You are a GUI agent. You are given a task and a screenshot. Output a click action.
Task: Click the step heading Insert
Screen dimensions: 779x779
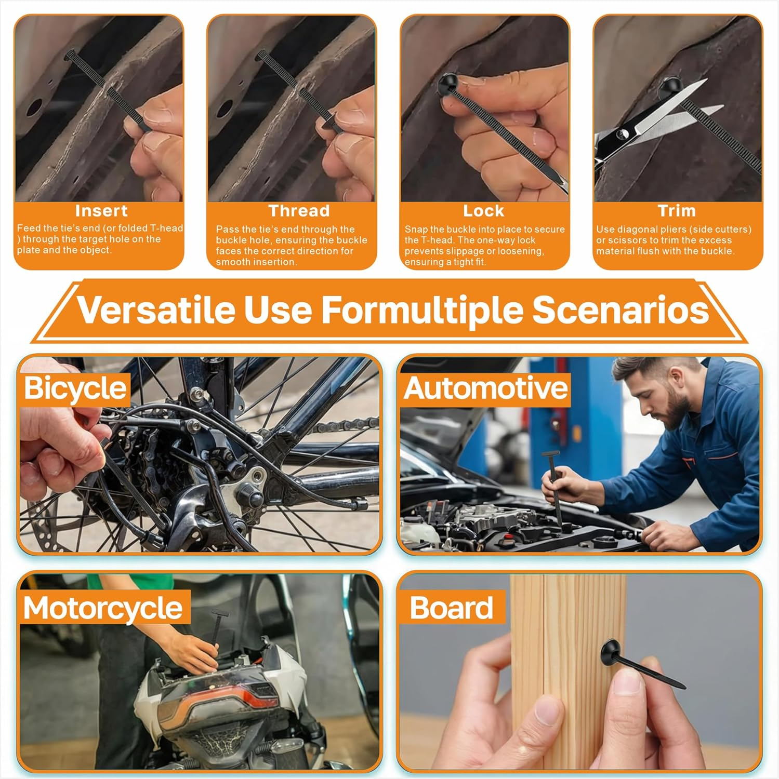[101, 211]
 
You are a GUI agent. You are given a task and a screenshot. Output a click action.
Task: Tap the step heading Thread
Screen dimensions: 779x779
[299, 211]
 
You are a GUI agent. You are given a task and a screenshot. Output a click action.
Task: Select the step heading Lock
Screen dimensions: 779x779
[484, 211]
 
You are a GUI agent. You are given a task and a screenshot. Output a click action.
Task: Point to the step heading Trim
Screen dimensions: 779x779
[677, 211]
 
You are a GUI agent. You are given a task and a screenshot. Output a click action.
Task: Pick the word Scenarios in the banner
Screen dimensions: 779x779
[620, 310]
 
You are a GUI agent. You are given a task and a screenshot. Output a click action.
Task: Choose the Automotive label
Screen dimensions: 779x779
[486, 388]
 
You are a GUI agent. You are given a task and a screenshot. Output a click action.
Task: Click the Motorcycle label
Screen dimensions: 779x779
[103, 608]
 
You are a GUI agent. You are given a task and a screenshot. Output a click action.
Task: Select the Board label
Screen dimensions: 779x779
[451, 608]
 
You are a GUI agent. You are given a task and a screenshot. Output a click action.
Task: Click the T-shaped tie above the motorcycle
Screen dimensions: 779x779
[217, 631]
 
